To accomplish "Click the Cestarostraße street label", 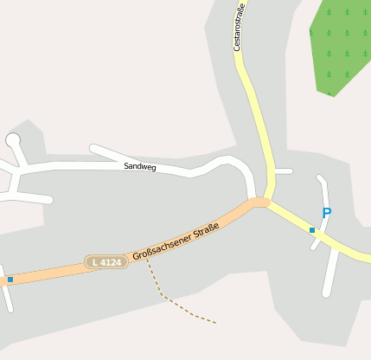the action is click(x=240, y=28).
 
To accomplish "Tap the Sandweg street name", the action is click(x=140, y=165).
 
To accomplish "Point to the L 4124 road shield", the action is click(x=106, y=261).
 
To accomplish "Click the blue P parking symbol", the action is click(x=327, y=213).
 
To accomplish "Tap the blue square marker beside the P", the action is click(x=312, y=230).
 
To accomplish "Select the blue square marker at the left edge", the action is click(x=10, y=280).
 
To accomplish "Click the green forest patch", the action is click(x=340, y=48).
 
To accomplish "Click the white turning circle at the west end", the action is click(x=13, y=139).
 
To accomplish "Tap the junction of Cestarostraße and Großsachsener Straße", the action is click(x=260, y=202).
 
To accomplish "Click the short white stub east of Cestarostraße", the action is click(x=284, y=171).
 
